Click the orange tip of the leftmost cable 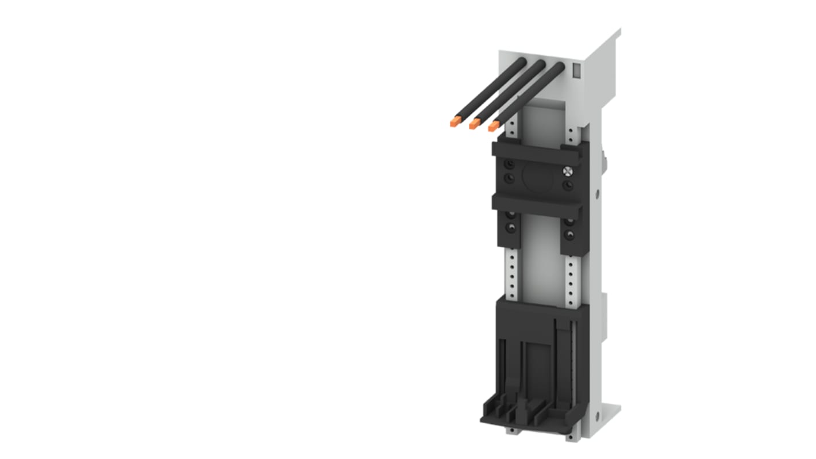coord(455,121)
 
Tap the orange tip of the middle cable coord(475,123)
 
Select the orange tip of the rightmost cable coord(494,125)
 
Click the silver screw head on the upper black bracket coord(568,171)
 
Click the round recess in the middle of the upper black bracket coord(538,177)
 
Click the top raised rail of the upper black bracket coord(537,152)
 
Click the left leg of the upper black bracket coord(509,227)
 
